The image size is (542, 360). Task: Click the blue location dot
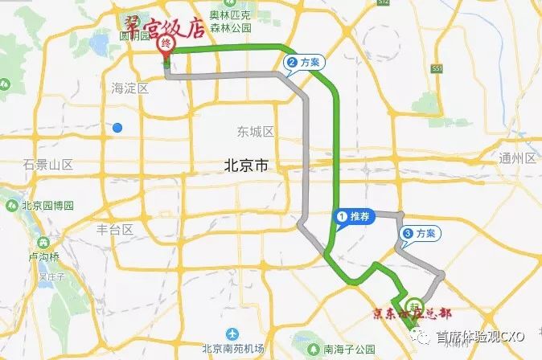(x=118, y=127)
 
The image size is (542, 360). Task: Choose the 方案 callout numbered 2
(x=302, y=61)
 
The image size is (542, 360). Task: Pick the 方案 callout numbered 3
(x=418, y=234)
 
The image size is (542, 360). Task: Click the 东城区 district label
(x=257, y=131)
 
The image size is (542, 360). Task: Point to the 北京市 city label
(x=246, y=166)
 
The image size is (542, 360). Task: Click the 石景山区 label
(x=48, y=165)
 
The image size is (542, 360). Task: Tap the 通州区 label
(x=517, y=157)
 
